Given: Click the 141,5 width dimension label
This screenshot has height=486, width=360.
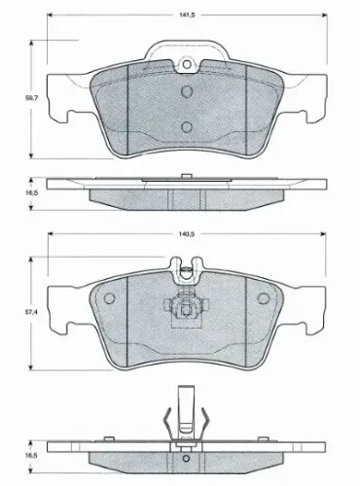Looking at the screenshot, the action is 186,15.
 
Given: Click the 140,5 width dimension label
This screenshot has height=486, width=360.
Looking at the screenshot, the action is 187,234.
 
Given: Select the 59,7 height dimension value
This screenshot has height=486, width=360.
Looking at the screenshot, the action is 32,98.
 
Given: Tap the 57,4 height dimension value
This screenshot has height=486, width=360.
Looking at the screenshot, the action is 31,313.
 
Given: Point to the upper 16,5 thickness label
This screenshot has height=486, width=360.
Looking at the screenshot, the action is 32,192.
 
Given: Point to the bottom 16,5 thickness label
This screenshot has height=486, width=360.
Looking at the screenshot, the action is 31,456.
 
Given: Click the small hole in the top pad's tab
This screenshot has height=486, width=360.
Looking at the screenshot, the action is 187,64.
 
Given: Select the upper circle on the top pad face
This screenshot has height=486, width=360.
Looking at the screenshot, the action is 187,91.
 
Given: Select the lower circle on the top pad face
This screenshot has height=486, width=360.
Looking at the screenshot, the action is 187,126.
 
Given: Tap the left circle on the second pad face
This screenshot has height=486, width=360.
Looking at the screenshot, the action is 110,298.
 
